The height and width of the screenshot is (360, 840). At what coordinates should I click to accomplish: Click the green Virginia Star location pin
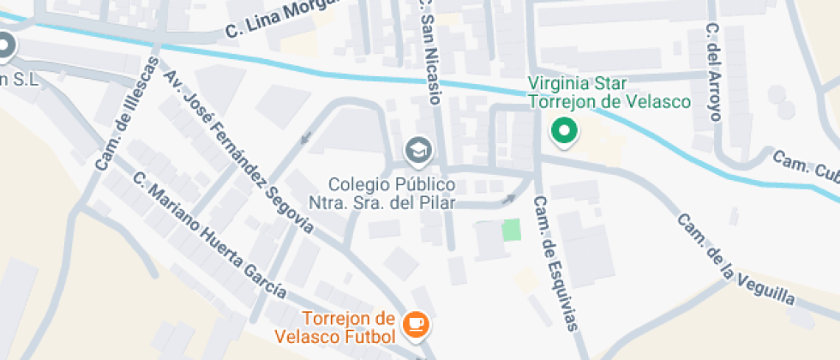coord(564,131)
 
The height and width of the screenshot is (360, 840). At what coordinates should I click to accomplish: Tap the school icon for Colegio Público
coord(419,150)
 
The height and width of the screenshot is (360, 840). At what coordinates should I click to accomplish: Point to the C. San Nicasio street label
coord(429,51)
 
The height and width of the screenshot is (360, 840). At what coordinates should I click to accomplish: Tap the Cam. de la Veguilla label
coord(735,259)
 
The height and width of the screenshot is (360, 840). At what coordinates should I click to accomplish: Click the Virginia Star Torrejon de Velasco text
coord(609,93)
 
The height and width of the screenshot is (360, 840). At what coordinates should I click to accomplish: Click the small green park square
coord(511,230)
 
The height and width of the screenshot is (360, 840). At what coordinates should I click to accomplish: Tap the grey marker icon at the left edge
coord(5,45)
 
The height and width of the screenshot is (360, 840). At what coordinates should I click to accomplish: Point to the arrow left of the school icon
coord(306,138)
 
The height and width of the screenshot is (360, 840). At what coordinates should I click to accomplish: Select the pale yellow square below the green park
coord(523,279)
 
